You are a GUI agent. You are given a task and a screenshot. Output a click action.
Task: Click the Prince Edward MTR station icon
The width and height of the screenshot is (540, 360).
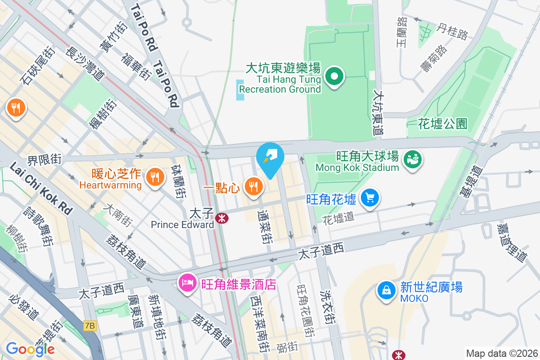point(221,218)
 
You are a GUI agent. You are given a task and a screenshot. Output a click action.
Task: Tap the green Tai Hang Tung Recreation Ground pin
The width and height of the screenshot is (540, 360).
point(334,77)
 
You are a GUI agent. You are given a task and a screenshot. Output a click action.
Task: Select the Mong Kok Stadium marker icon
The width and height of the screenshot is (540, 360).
point(412,159)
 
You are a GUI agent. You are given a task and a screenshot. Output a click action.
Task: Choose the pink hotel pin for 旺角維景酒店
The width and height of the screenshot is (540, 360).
point(187,282)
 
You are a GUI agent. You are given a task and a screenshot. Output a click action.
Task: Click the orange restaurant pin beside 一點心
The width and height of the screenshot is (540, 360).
point(254,185)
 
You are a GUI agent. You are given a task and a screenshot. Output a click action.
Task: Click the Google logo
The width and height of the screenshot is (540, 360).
point(30,349)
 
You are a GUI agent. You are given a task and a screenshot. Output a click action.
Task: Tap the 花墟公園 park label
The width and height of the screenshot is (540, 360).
point(443,123)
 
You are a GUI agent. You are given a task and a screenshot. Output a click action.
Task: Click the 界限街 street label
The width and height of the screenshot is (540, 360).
point(45,159)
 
